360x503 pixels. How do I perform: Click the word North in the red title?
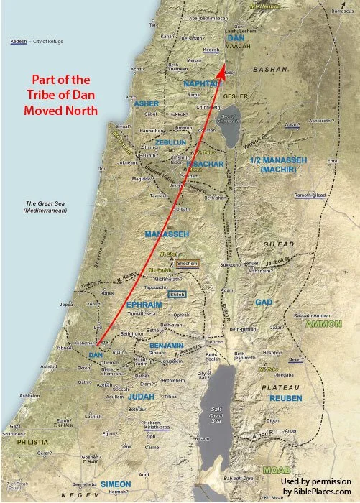[x=82, y=111]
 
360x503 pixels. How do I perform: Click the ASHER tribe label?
[x=147, y=103]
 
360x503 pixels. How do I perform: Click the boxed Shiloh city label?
[x=177, y=295]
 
